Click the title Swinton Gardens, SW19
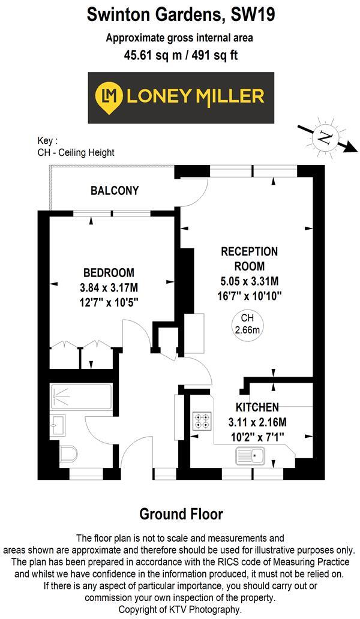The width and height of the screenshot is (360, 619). pyautogui.click(x=180, y=14)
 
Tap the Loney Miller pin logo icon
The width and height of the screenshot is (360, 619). pyautogui.click(x=109, y=96)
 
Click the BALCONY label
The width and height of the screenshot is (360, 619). pyautogui.click(x=115, y=191)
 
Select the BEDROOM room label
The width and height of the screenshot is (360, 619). pyautogui.click(x=109, y=272)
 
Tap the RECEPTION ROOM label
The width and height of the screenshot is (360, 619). pyautogui.click(x=249, y=258)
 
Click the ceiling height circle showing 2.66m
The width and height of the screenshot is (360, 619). pyautogui.click(x=247, y=324)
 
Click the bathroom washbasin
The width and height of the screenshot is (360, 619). pyautogui.click(x=58, y=423)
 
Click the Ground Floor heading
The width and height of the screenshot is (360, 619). pyautogui.click(x=181, y=514)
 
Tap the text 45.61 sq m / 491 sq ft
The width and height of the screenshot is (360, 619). pyautogui.click(x=180, y=55)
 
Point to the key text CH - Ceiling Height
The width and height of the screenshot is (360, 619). pyautogui.click(x=76, y=152)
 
